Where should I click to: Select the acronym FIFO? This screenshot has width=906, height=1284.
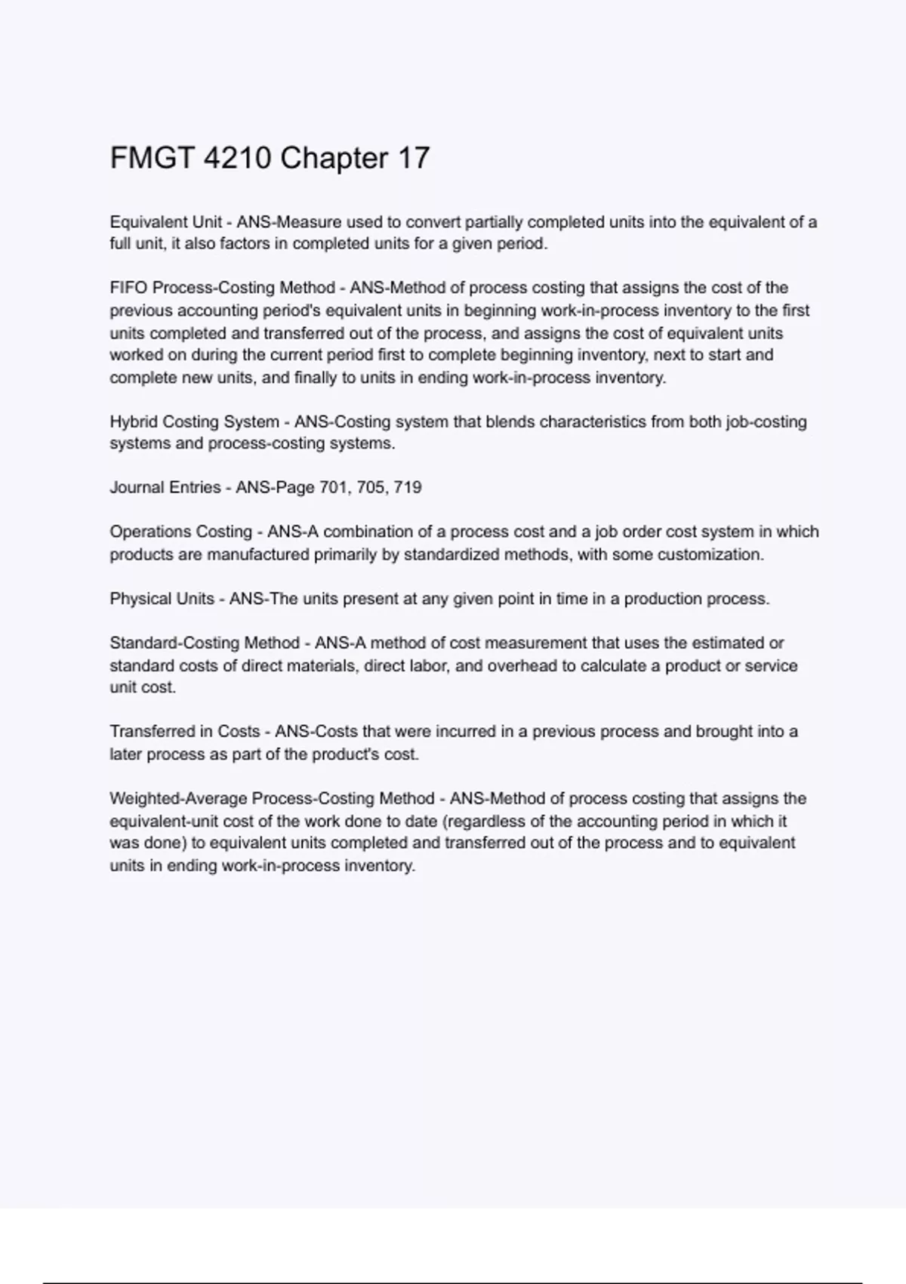pos(128,288)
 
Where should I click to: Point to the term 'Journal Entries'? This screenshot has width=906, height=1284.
pos(165,487)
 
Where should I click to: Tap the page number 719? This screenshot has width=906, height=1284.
pos(408,487)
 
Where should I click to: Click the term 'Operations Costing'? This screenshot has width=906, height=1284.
pos(181,532)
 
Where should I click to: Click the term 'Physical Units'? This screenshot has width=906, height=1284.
pos(162,599)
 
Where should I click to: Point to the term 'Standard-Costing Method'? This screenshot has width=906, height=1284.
pos(205,643)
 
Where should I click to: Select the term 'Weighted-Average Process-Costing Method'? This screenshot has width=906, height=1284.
pos(272,798)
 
